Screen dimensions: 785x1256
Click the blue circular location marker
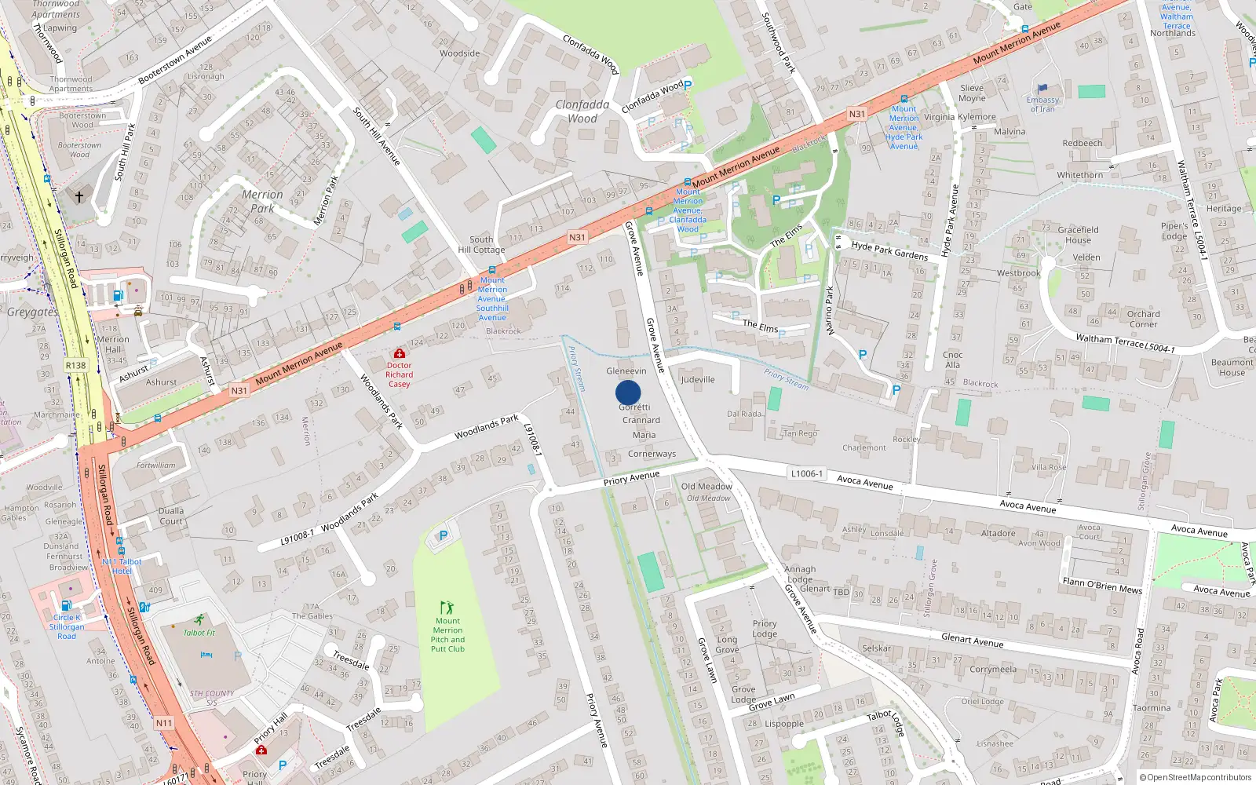click(628, 392)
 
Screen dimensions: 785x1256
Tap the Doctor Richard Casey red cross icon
click(400, 354)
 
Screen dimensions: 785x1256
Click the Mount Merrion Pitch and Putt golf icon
click(447, 608)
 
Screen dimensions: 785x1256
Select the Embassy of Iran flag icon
click(1042, 89)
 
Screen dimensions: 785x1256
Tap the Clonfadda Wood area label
click(582, 111)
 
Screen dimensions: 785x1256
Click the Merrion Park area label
click(262, 201)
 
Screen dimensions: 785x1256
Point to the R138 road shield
click(75, 365)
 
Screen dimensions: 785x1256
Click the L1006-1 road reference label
click(807, 473)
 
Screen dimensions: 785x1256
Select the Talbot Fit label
click(199, 633)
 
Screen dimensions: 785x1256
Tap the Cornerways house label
click(652, 454)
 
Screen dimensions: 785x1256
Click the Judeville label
click(698, 379)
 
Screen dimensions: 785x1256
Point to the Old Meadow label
click(706, 487)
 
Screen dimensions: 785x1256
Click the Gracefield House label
click(1078, 235)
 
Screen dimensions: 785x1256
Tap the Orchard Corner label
click(1143, 319)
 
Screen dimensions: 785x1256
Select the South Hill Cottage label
click(481, 244)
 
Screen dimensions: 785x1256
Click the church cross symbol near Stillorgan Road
click(78, 196)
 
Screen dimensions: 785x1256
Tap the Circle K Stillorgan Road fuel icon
click(67, 605)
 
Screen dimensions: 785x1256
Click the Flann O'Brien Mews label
click(1102, 586)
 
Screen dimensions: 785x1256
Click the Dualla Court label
click(171, 516)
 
